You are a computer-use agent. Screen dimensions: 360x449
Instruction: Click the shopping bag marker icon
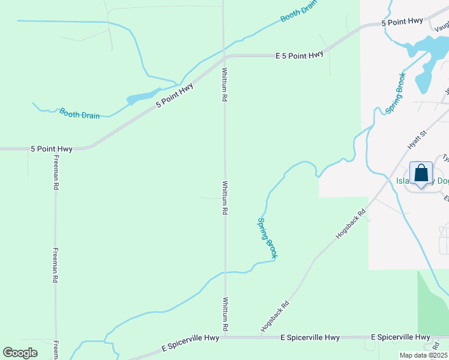pos(421,174)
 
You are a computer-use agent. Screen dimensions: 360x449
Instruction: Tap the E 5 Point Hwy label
pos(300,55)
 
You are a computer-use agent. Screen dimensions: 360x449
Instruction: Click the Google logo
pos(20,353)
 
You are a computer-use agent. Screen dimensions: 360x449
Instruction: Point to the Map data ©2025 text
pos(423,355)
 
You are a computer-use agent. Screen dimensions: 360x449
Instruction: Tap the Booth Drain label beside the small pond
pos(79,113)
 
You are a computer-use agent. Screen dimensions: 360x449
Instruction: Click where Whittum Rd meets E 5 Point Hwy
pos(224,58)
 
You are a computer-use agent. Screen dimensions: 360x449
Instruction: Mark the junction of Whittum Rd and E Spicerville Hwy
pos(226,338)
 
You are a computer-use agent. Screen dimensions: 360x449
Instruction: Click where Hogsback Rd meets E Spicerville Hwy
pos(262,338)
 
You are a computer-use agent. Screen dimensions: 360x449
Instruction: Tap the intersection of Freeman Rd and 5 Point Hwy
pos(55,148)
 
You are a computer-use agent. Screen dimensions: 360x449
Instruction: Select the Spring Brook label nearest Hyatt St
pos(396,94)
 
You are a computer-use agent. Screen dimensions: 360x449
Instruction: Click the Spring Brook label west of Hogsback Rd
pos(268,238)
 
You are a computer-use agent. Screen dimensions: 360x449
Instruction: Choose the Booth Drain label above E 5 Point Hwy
pos(298,13)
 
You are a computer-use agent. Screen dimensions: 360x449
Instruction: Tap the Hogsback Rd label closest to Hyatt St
pos(351,224)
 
